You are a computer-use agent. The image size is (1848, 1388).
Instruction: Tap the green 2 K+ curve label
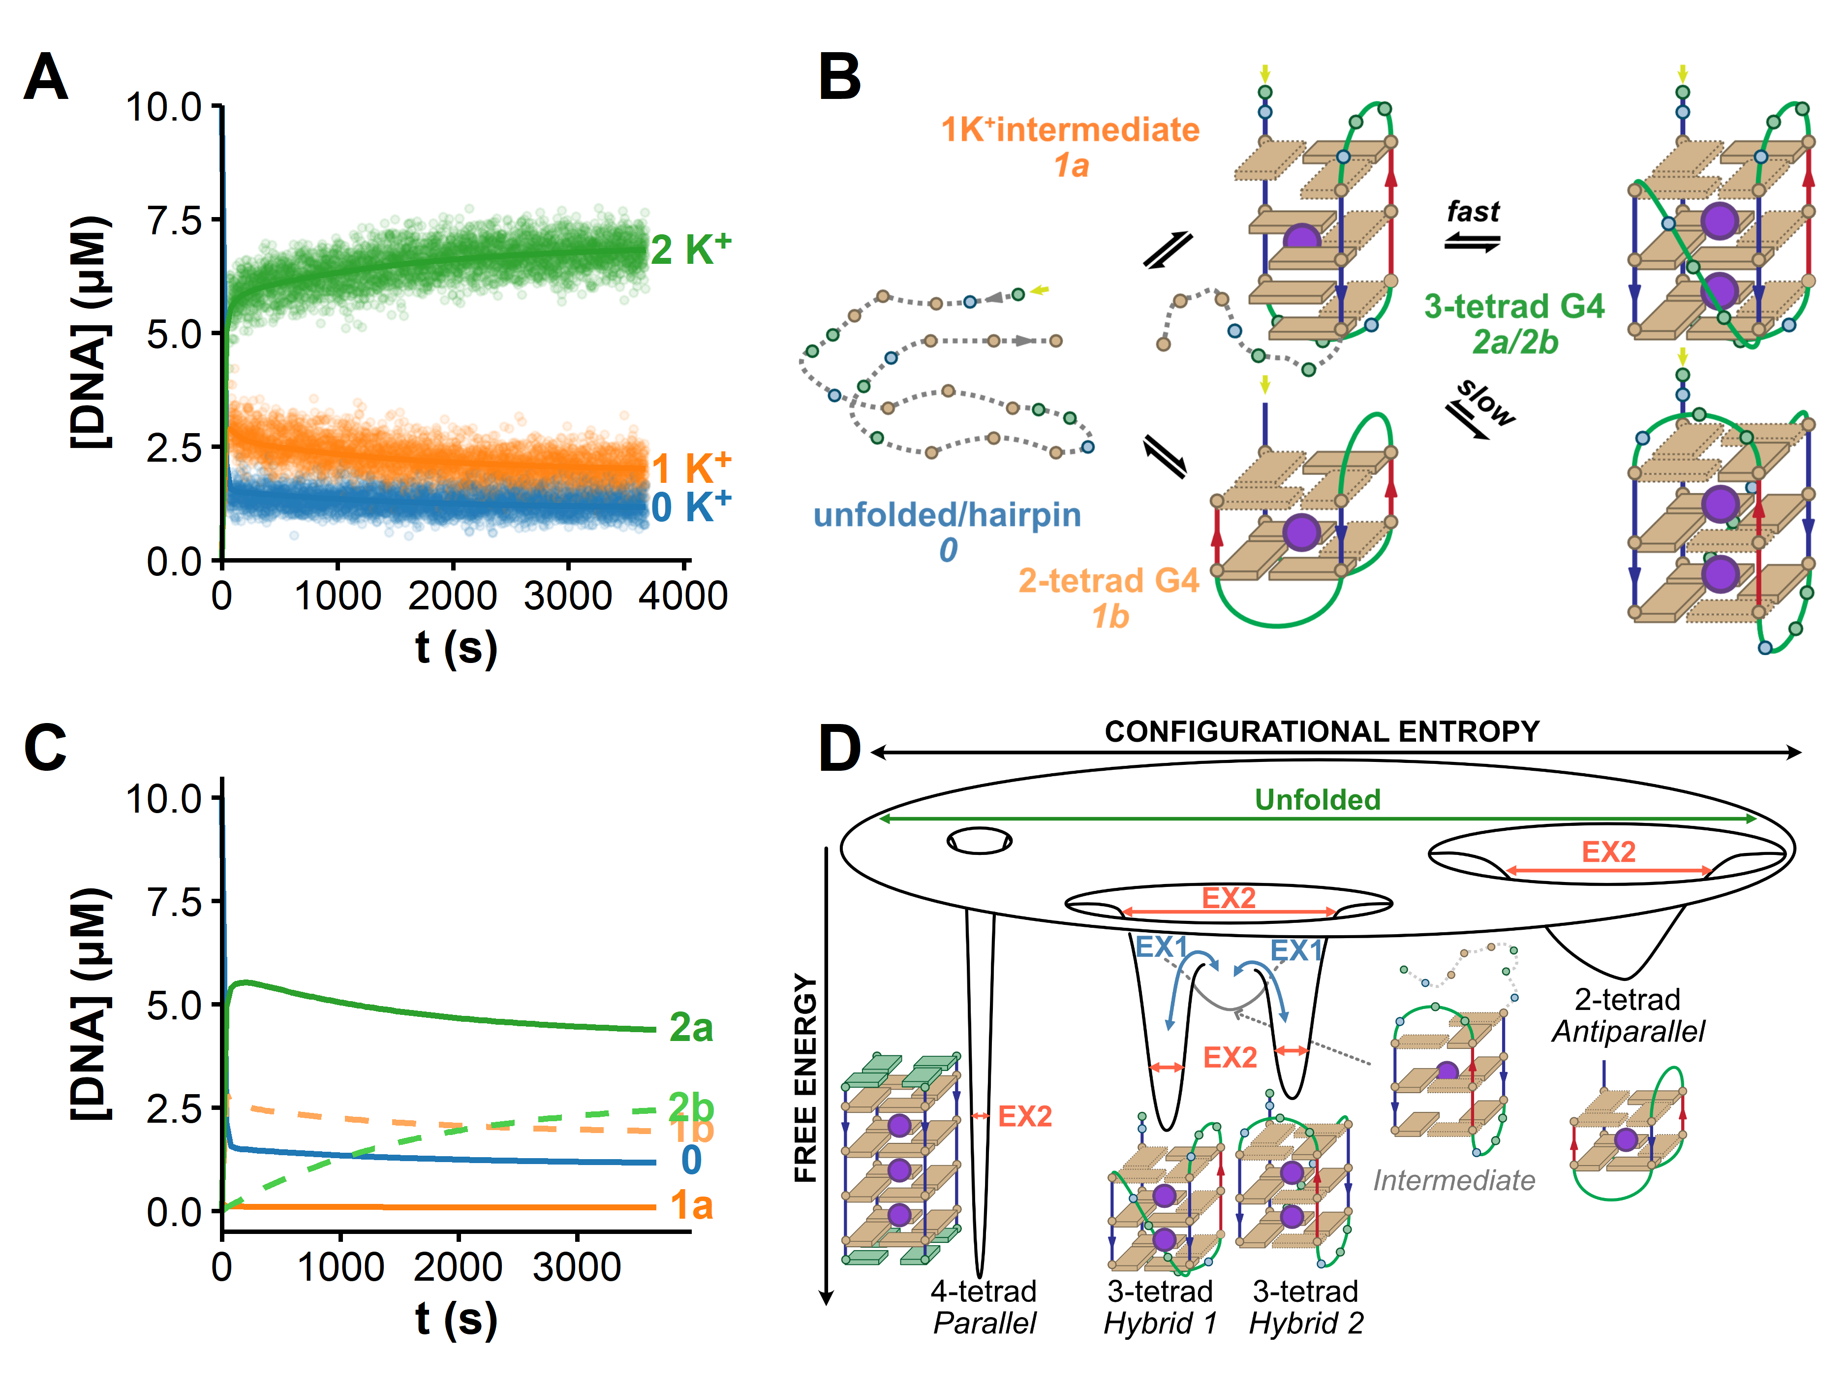690,249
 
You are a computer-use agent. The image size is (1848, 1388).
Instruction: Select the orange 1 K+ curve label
690,468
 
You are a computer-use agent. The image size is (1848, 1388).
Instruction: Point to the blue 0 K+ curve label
690,506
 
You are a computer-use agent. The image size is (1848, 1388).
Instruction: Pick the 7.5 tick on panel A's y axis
174,221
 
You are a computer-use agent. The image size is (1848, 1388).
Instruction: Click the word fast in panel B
1473,212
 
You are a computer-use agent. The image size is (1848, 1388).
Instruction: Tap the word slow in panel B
1486,402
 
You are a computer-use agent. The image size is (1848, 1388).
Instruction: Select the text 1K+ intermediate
1070,130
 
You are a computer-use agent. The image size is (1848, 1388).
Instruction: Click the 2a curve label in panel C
691,1028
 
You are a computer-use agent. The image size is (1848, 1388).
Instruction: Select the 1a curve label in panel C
691,1206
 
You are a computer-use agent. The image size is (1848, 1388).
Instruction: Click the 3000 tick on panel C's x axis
577,1268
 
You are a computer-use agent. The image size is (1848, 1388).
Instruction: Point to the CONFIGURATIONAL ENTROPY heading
1322,732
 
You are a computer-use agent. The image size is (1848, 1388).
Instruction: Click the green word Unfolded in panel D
1318,800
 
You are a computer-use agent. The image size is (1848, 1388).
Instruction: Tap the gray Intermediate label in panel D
1454,1180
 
